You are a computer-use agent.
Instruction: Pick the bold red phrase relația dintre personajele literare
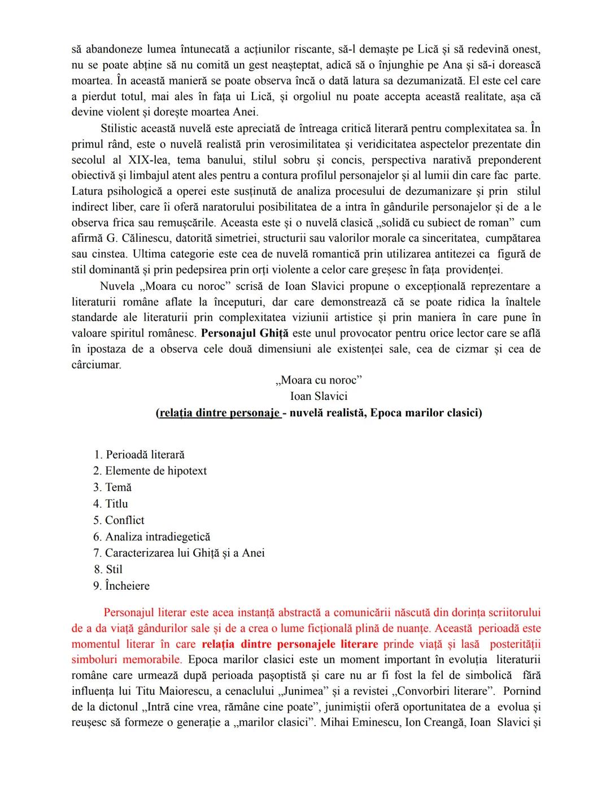tap(290, 644)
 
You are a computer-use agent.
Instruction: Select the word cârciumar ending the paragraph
tap(97, 364)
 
